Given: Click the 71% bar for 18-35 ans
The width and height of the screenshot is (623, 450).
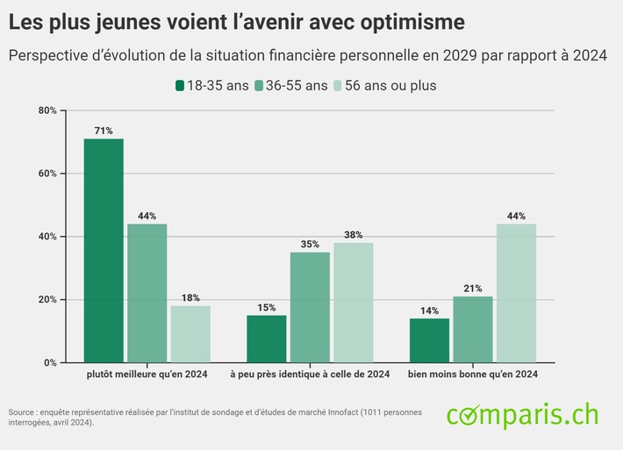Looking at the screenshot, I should pos(104,250).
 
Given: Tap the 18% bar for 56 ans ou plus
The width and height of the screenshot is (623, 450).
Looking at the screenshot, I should pos(190,333).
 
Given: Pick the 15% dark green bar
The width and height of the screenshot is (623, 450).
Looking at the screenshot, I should pos(266,339).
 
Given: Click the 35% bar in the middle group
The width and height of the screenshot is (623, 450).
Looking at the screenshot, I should pos(310,307).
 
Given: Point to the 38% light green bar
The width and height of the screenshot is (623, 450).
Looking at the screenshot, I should pos(353,303).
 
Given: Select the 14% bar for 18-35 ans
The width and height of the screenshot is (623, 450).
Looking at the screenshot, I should pos(429,340).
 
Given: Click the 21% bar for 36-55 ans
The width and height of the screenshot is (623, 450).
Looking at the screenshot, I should pos(472,329).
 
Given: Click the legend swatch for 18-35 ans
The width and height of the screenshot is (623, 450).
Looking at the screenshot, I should pos(180,85).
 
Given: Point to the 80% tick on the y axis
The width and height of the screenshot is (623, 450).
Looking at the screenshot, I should pos(47,111).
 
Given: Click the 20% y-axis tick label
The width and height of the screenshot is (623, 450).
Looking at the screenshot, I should pos(47,299).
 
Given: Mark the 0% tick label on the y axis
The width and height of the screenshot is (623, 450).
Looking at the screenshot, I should pos(50,362).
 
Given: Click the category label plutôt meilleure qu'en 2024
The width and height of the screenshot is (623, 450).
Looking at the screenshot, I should pos(147,375).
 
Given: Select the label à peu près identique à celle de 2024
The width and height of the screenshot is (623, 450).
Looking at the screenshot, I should pos(310,375).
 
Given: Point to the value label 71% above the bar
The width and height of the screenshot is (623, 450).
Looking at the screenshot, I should pos(104,131).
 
